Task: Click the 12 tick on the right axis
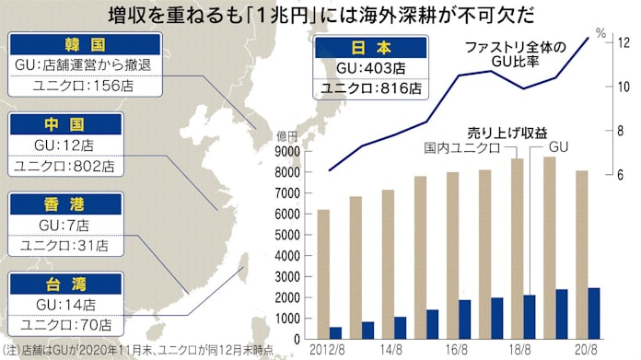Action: (x=623, y=42)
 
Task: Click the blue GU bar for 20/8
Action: (x=594, y=314)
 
